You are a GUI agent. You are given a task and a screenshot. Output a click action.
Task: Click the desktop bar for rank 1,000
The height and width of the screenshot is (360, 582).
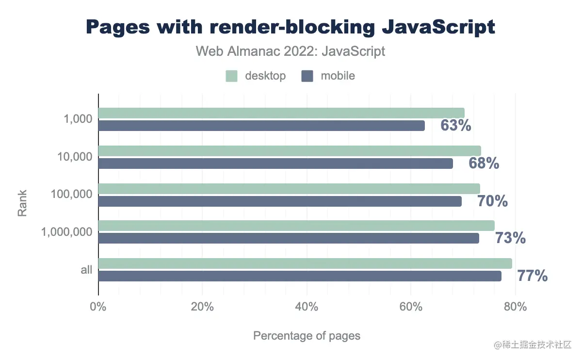click(281, 113)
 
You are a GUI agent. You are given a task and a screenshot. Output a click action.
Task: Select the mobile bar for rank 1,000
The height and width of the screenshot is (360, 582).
click(261, 126)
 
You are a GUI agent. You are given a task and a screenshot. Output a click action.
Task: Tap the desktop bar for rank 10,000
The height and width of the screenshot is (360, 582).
click(290, 151)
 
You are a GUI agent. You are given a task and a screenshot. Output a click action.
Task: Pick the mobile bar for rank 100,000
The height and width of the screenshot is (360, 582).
click(280, 201)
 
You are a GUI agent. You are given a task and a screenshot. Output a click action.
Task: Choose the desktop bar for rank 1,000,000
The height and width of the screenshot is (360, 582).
click(296, 226)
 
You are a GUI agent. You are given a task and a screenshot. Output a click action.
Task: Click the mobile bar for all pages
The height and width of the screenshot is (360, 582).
click(300, 276)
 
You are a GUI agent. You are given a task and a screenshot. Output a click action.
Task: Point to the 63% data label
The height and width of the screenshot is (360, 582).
click(455, 126)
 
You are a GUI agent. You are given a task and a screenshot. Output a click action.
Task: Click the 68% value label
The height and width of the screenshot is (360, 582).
click(484, 164)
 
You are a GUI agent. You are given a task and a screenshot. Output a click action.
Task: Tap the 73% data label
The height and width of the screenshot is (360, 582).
click(510, 238)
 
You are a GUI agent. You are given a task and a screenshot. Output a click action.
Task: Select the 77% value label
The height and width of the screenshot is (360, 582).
click(532, 276)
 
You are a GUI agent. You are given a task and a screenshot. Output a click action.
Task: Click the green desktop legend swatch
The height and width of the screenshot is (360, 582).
click(231, 76)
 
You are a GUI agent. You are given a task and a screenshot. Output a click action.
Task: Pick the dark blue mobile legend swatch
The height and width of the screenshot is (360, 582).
click(307, 76)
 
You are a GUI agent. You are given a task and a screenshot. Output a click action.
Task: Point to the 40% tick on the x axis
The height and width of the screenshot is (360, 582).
click(307, 307)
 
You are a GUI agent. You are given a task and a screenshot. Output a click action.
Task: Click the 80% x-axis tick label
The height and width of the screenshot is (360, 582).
click(515, 307)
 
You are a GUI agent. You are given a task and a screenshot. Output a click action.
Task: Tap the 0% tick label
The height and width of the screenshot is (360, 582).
click(98, 307)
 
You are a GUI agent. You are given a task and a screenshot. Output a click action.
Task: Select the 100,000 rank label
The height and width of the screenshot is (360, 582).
click(71, 194)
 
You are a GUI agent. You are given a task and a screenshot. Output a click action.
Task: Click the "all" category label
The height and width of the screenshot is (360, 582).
click(86, 270)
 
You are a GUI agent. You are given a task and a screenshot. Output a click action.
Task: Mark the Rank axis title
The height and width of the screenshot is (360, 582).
click(22, 203)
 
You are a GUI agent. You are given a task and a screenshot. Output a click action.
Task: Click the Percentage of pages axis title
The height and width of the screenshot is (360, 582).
click(307, 336)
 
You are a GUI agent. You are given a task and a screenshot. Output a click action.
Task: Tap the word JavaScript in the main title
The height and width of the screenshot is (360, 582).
click(438, 27)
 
